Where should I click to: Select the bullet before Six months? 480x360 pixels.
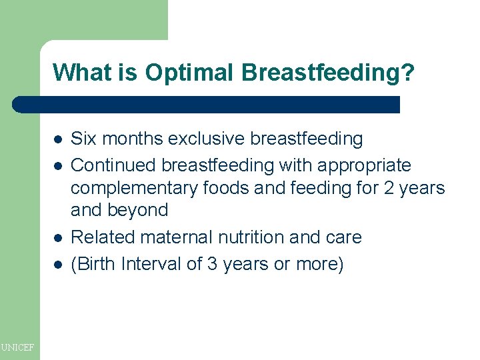[58, 139]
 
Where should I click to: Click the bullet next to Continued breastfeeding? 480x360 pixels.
[58, 165]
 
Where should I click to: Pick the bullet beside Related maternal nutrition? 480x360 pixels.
[58, 237]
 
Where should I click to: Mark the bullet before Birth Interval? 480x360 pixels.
[58, 264]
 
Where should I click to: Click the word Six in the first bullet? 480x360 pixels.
[83, 139]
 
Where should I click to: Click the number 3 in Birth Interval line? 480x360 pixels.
[212, 264]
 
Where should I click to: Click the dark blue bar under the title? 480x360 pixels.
[207, 105]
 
